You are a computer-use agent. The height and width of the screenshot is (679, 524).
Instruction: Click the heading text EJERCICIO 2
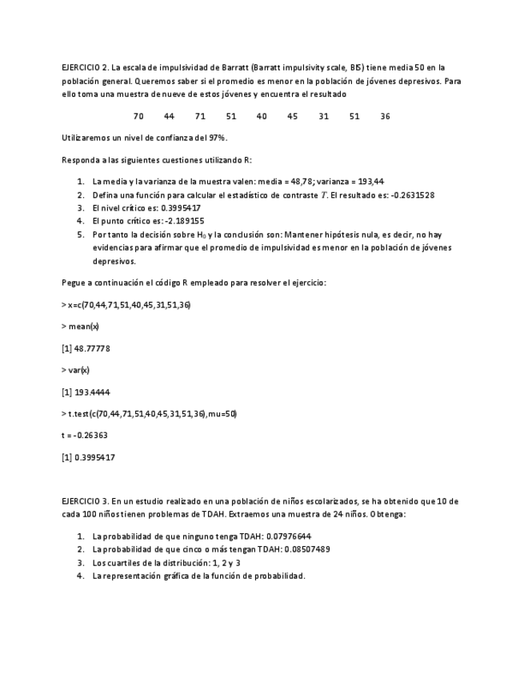pyautogui.click(x=85, y=68)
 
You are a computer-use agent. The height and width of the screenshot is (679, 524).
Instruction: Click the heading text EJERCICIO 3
pyautogui.click(x=85, y=501)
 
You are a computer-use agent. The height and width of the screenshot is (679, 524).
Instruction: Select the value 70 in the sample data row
pyautogui.click(x=138, y=116)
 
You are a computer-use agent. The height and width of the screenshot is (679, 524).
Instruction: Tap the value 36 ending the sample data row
pyautogui.click(x=385, y=116)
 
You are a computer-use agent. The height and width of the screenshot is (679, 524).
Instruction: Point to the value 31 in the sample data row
pyautogui.click(x=323, y=116)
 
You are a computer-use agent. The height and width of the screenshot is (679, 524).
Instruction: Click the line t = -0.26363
pyautogui.click(x=85, y=436)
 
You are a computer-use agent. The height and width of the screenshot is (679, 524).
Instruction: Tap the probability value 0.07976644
pyautogui.click(x=286, y=536)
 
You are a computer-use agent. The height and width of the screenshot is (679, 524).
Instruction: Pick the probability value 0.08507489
pyautogui.click(x=302, y=549)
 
